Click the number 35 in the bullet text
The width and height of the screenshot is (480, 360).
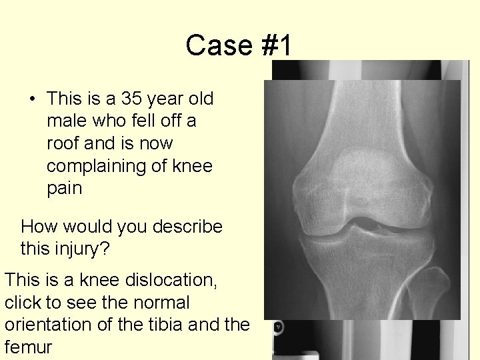tap(132, 99)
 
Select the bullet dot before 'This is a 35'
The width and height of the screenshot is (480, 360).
tap(32, 99)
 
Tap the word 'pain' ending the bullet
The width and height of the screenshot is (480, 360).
tap(64, 188)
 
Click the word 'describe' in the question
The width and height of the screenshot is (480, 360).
tap(187, 227)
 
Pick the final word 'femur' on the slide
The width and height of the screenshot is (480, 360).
tap(28, 347)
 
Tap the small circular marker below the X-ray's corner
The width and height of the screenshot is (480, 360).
tap(277, 327)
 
